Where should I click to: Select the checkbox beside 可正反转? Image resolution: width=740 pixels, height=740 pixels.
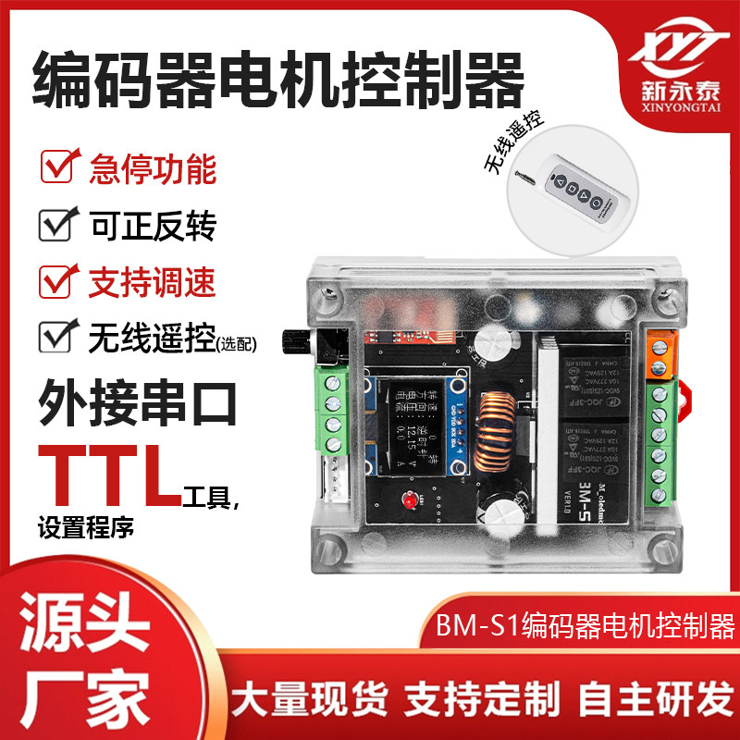click(x=57, y=223)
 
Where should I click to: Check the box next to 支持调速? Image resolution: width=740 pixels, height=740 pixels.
click(x=59, y=278)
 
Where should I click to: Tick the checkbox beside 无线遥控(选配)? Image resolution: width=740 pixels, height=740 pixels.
click(x=57, y=335)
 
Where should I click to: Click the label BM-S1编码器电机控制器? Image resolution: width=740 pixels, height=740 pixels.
click(x=584, y=628)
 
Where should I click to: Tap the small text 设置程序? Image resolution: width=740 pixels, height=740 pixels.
click(x=86, y=528)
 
